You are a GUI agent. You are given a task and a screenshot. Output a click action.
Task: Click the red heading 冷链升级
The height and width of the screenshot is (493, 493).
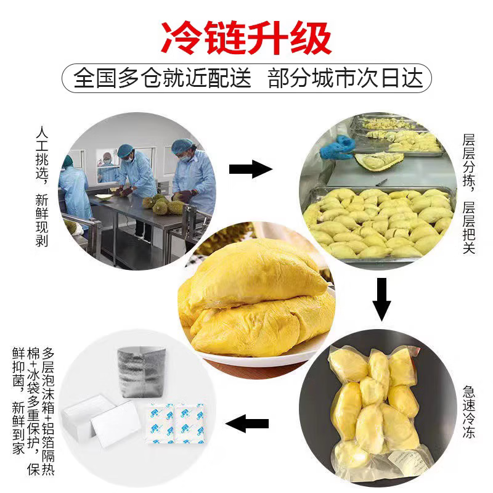[x=246, y=38]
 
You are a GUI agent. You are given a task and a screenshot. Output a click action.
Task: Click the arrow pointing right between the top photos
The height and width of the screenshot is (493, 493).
[x=250, y=169]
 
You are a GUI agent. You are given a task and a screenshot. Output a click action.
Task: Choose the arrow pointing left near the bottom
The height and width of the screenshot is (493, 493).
[x=248, y=423]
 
